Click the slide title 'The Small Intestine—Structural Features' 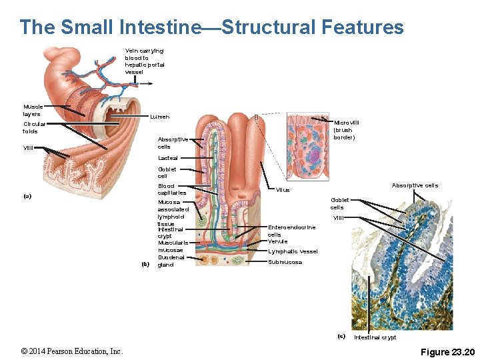(211, 27)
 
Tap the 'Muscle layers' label (33, 110)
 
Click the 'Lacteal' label (167, 158)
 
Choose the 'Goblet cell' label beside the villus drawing (167, 173)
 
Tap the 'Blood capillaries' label (171, 189)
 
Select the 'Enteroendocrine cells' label (291, 231)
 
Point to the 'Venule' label (277, 241)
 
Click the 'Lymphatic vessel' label (293, 251)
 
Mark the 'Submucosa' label (285, 262)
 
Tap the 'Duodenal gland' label (171, 261)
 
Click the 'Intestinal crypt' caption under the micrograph (375, 337)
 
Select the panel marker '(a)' (27, 196)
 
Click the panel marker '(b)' (147, 264)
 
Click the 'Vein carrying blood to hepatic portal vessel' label (145, 61)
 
